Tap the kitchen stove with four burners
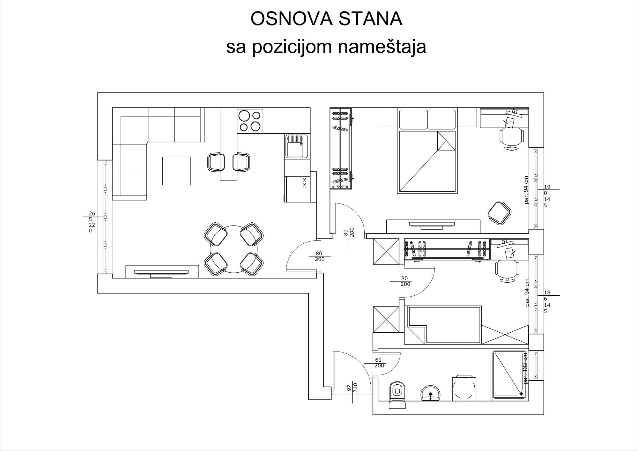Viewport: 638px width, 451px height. [x=250, y=121]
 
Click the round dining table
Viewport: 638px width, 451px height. [x=234, y=249]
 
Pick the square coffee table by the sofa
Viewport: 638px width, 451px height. [x=176, y=171]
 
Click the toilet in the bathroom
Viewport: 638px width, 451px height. [x=397, y=395]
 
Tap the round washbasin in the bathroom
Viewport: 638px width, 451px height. [x=430, y=393]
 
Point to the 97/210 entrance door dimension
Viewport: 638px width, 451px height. [x=352, y=388]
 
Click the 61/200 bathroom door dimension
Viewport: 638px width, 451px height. [x=379, y=363]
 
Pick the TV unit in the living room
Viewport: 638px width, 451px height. [x=162, y=271]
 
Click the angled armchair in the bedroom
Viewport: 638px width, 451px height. [x=499, y=213]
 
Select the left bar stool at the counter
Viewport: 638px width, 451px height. [x=216, y=162]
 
